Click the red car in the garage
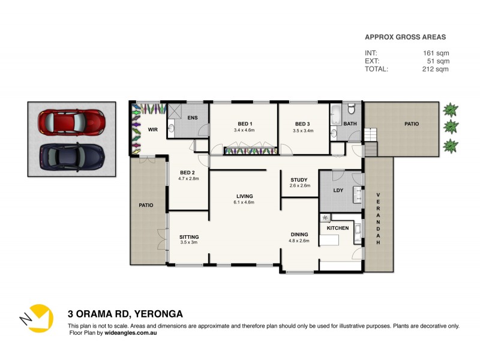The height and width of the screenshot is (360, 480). click(71, 122)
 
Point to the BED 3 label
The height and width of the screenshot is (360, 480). click(302, 124)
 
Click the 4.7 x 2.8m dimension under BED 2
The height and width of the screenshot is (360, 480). click(188, 179)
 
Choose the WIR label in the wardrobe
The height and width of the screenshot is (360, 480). click(152, 129)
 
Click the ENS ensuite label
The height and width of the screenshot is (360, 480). click(193, 117)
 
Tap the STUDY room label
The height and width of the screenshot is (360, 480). click(299, 180)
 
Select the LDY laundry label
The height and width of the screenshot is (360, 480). click(338, 191)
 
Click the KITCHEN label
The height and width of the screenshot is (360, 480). click(337, 229)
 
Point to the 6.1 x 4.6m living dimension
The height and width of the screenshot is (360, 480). click(244, 203)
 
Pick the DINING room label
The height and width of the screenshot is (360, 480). click(299, 235)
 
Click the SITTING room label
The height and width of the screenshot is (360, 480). click(188, 237)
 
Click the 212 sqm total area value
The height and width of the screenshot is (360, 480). click(436, 69)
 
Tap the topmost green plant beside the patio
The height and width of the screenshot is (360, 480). click(450, 110)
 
